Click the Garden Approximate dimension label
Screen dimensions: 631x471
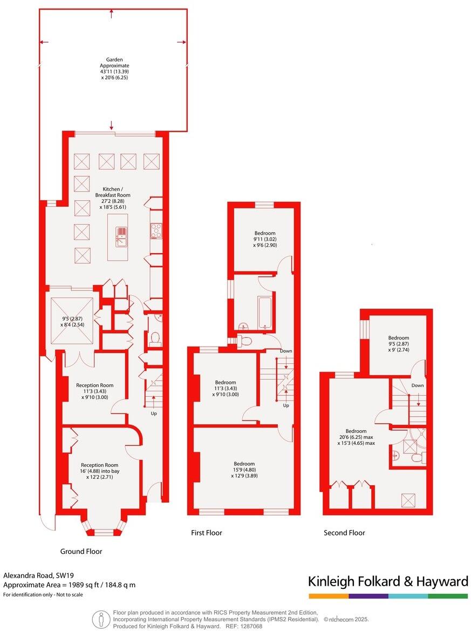(x=114, y=69)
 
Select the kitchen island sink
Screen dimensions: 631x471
(x=121, y=236)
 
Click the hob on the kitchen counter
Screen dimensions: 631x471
(x=156, y=231)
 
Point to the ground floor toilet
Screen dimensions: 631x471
(x=155, y=338)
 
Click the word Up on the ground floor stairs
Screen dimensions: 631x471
(x=154, y=413)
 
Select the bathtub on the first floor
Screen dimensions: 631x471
(x=264, y=312)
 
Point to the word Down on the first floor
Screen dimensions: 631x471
(x=286, y=351)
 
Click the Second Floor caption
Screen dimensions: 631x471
(x=344, y=533)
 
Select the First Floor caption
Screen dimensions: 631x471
(x=207, y=533)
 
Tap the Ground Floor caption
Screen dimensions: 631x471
(x=81, y=551)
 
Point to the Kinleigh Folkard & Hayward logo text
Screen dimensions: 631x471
(x=388, y=581)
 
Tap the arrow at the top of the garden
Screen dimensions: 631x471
(x=112, y=13)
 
